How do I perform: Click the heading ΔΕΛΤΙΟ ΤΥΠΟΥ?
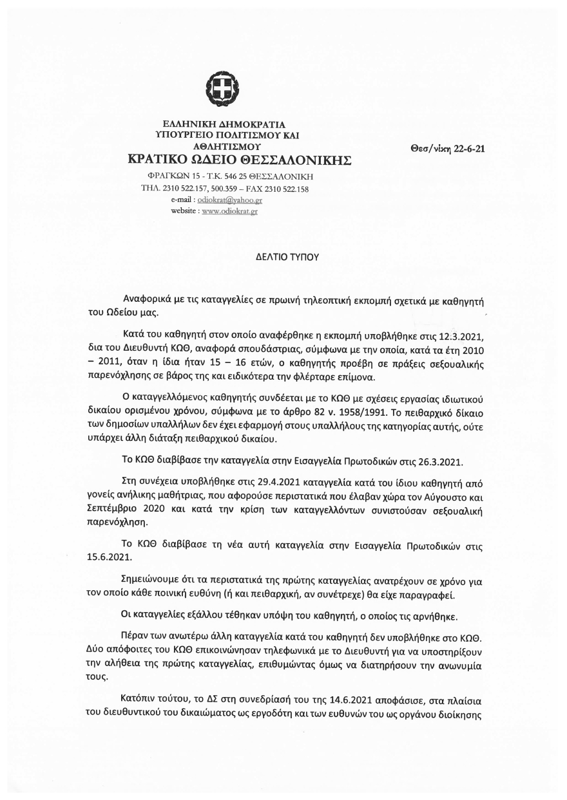283,256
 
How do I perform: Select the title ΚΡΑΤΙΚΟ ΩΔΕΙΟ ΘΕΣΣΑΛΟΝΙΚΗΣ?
239,160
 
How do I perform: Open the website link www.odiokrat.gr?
229,212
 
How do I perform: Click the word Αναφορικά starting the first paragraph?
149,301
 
